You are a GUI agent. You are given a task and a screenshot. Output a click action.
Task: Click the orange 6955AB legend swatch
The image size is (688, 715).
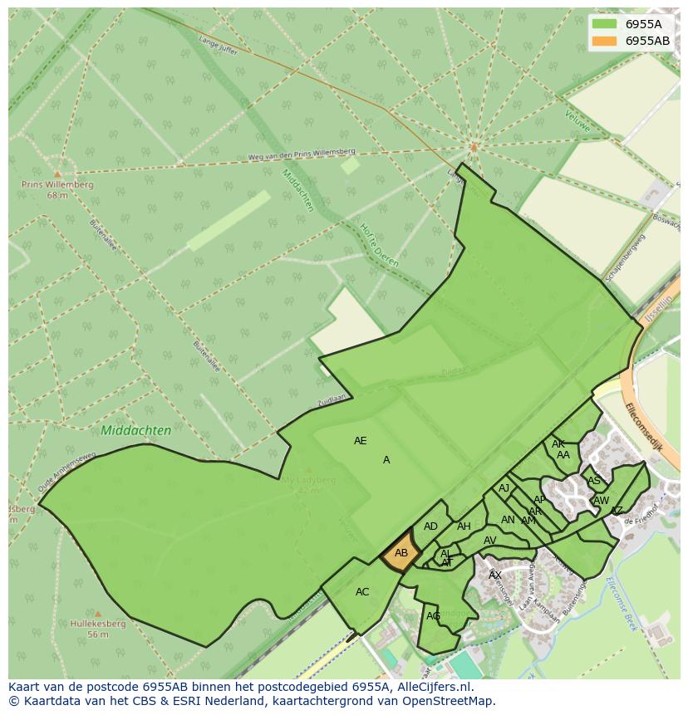click(x=605, y=41)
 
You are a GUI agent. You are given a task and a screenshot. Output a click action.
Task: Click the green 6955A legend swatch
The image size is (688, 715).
click(x=605, y=24)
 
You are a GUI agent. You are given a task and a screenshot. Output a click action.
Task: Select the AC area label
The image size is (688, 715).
click(x=362, y=592)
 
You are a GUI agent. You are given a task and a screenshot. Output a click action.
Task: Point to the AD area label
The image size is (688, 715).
click(x=430, y=526)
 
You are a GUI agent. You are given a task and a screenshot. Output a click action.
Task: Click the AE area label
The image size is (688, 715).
click(x=360, y=441)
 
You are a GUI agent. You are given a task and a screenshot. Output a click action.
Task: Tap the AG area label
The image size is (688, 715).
click(x=433, y=616)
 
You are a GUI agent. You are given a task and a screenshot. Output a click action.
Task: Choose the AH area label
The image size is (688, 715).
click(x=464, y=526)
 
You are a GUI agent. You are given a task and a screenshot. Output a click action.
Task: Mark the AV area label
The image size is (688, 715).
click(x=489, y=541)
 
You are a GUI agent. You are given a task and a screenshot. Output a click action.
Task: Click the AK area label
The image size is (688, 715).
click(x=558, y=444)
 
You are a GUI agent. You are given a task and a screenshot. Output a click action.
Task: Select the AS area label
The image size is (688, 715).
click(x=593, y=481)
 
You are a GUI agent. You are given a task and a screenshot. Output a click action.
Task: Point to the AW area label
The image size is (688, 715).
click(x=601, y=501)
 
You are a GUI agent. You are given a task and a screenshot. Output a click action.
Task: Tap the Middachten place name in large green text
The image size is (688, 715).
click(x=135, y=431)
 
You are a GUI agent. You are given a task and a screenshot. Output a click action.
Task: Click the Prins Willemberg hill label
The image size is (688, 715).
click(x=57, y=185)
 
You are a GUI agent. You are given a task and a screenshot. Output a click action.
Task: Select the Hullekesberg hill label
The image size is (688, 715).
click(x=97, y=624)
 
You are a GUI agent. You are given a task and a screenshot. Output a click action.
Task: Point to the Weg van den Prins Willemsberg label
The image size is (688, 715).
click(x=302, y=154)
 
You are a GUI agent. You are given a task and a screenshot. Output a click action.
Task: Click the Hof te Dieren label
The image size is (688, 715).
click(x=379, y=245)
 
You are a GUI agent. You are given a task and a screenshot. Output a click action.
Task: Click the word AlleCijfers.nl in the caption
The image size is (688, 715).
click(x=432, y=687)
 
